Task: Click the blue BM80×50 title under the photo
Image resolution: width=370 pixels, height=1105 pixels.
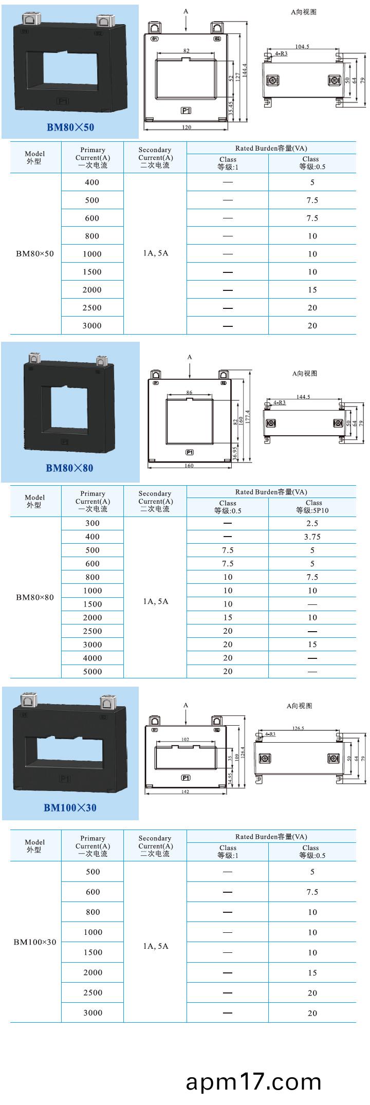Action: (70, 127)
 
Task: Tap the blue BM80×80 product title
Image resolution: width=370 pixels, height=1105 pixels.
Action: (70, 468)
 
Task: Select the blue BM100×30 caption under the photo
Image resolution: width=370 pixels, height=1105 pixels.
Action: (70, 807)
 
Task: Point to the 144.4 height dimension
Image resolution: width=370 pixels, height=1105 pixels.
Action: (245, 70)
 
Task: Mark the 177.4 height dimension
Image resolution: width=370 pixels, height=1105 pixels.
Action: (248, 416)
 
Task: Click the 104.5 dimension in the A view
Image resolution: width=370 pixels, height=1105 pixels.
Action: (302, 47)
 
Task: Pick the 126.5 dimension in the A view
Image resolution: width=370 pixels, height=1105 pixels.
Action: (298, 728)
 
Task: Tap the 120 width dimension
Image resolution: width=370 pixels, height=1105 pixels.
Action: (186, 127)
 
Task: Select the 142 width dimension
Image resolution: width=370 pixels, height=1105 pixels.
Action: (185, 791)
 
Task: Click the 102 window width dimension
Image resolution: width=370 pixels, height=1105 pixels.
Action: (185, 739)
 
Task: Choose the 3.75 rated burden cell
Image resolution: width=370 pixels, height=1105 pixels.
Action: (312, 537)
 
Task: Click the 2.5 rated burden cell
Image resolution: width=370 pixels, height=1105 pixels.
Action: (312, 523)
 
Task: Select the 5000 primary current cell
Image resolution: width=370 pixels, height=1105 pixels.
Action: (92, 671)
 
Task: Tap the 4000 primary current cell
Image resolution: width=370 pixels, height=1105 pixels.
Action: (92, 658)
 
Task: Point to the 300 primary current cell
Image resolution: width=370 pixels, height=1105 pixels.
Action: (92, 523)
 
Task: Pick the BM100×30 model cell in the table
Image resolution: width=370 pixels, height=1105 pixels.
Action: (35, 942)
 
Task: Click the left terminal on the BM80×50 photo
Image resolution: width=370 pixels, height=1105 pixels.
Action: (29, 20)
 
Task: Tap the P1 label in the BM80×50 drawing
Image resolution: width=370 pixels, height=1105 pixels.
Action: (186, 110)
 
